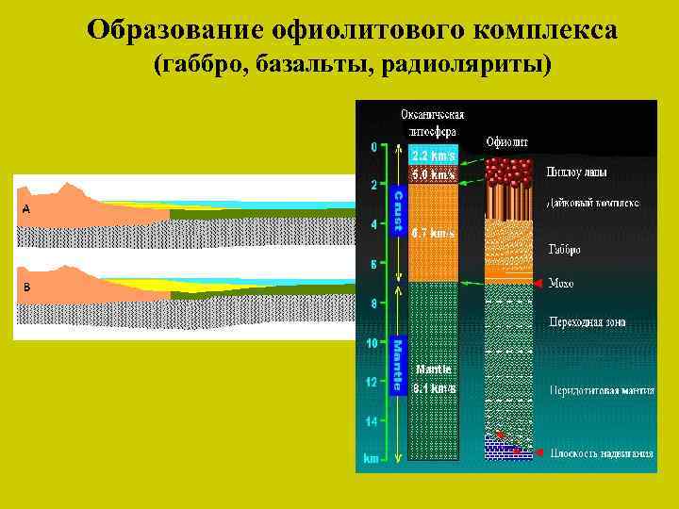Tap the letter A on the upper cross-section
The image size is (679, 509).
click(25, 209)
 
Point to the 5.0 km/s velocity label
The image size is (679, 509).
click(433, 174)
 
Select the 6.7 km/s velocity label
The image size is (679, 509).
click(433, 233)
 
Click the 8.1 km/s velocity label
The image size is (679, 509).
click(434, 387)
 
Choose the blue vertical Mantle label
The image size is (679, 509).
click(398, 365)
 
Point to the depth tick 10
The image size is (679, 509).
click(373, 343)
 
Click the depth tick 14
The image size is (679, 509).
click(373, 421)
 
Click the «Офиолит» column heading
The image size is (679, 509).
click(506, 142)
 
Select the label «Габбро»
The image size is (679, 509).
click(564, 250)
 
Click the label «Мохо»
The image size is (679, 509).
click(561, 283)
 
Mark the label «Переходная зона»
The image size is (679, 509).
click(587, 322)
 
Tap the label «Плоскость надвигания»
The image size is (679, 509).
click(601, 453)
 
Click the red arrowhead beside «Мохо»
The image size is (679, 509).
click(538, 283)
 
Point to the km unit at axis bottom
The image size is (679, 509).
click(372, 459)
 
